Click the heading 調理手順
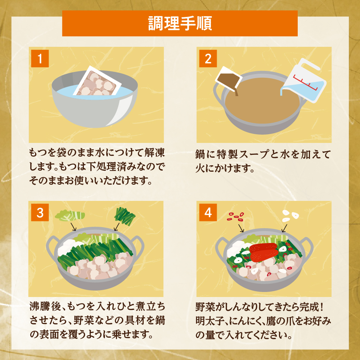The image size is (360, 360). coord(180,23)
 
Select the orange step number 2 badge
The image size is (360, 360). coord(208,59)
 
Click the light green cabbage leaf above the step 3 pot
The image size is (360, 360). coord(70,216)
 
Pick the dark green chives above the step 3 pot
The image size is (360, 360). coord(125,216)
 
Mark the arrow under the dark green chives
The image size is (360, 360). coord(116,226)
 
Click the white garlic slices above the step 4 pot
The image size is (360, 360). coord(290,215)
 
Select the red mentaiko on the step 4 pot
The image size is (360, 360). coord(265,251)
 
